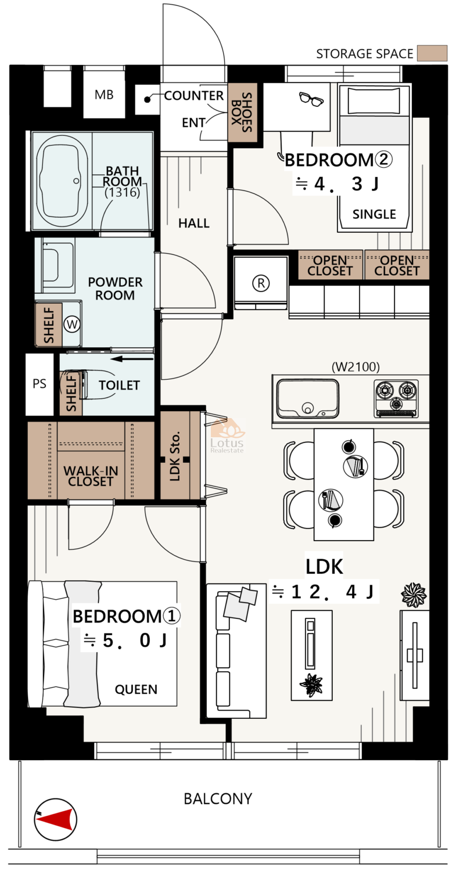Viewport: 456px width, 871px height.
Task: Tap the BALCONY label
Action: click(218, 799)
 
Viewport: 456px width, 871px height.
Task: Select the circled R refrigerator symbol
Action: click(261, 283)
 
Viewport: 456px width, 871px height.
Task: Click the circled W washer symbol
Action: click(72, 324)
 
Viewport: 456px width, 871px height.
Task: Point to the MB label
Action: click(105, 95)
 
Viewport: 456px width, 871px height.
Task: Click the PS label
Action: click(40, 384)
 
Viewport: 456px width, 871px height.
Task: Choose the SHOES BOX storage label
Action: click(242, 113)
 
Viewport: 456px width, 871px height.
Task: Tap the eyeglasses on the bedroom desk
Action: click(311, 99)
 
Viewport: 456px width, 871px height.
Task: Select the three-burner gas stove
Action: click(396, 398)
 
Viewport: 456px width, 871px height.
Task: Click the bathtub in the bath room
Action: click(62, 181)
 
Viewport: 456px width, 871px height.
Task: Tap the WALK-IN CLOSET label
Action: click(91, 476)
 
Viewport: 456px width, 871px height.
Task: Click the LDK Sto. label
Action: click(175, 456)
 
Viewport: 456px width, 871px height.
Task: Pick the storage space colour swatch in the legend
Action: click(432, 53)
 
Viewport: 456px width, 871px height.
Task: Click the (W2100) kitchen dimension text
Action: click(356, 366)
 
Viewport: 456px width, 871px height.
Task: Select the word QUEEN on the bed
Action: click(136, 689)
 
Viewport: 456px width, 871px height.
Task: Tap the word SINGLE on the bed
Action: click(374, 214)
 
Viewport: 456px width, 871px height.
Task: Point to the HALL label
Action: click(194, 223)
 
